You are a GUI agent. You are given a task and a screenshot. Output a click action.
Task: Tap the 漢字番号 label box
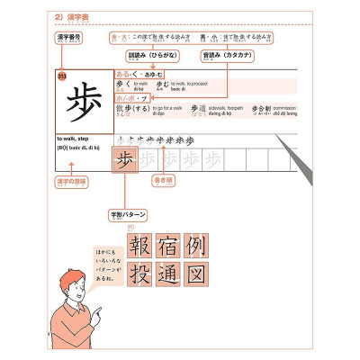pyautogui.click(x=64, y=40)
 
